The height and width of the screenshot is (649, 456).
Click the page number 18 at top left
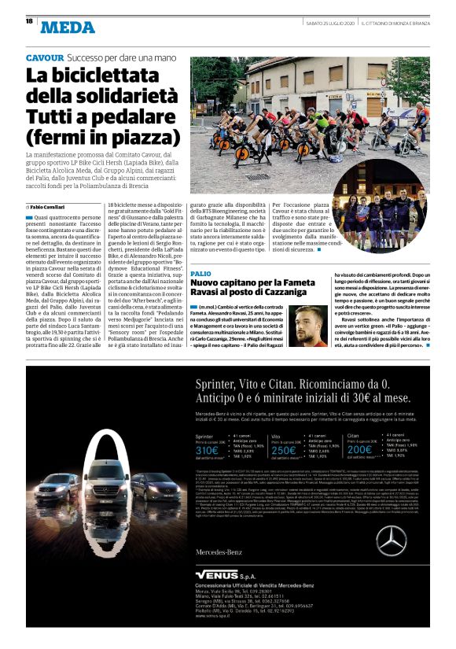click(x=29, y=21)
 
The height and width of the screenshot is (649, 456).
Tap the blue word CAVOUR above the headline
click(x=45, y=58)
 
